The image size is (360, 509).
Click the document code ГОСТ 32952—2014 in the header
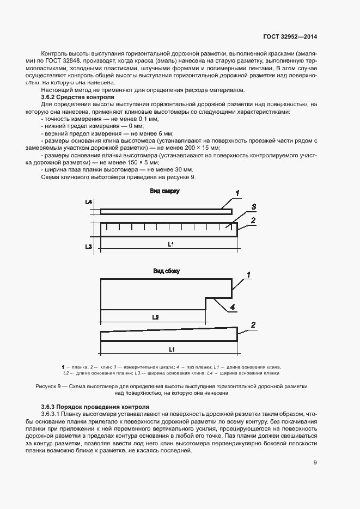290,37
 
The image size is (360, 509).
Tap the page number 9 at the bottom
315,463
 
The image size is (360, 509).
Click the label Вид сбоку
166,271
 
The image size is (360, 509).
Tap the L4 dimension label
88,202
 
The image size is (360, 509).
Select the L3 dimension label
88,247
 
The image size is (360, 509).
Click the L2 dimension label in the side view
155,316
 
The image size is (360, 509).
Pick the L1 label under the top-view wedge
170,244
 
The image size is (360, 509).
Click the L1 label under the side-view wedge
170,348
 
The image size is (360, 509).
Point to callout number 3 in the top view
254,207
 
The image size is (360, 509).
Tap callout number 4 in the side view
232,308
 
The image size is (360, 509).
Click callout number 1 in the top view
237,193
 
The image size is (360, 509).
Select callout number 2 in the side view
253,325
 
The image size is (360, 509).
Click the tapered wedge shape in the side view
169,334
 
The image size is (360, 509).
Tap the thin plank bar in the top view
166,211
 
